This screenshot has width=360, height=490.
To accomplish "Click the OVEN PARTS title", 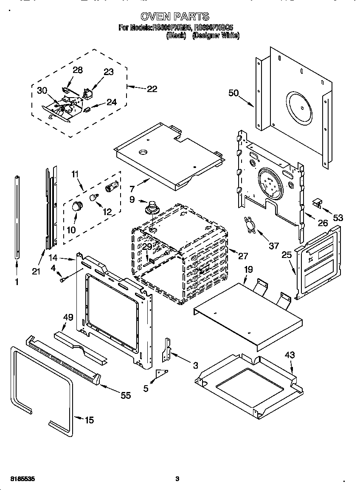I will click(174, 17).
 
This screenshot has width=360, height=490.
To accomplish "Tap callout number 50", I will click(233, 93).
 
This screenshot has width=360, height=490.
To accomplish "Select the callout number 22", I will click(152, 89).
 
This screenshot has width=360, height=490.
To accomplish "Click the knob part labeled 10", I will click(77, 207).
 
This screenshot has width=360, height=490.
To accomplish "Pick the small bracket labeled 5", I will click(161, 373).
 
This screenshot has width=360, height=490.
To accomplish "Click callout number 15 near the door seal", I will click(89, 420).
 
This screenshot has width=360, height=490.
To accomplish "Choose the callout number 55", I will click(126, 395).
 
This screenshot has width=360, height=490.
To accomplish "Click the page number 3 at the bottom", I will click(177, 479).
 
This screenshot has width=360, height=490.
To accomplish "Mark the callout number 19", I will click(248, 269).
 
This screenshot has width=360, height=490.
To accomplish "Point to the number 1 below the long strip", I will click(17, 281).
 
